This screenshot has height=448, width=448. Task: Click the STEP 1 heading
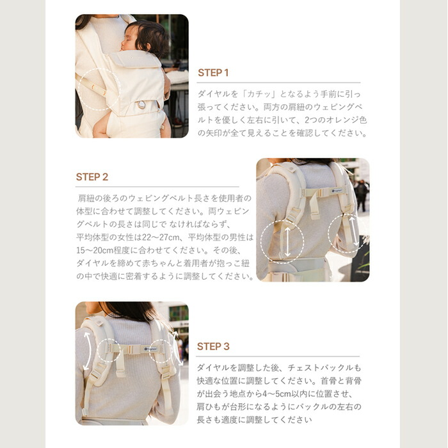tap(213, 73)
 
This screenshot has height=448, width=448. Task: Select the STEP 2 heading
tap(92, 177)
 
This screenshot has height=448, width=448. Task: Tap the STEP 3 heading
tap(213, 346)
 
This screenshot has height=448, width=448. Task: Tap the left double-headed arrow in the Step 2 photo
tap(286, 243)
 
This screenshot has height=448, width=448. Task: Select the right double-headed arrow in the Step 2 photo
tap(351, 232)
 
